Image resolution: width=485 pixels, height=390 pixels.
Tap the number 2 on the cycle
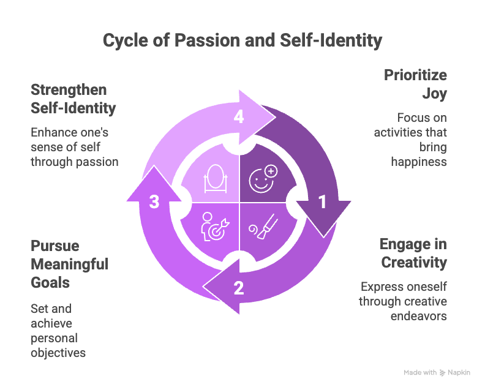pyautogui.click(x=239, y=287)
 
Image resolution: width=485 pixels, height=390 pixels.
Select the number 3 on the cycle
pyautogui.click(x=154, y=202)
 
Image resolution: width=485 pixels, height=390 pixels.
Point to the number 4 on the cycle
pyautogui.click(x=239, y=117)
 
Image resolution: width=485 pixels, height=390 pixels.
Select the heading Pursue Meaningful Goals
pyautogui.click(x=69, y=264)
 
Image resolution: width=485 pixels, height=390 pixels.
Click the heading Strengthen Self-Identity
pyautogui.click(x=73, y=99)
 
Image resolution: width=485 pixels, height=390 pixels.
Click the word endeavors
pyautogui.click(x=419, y=317)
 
